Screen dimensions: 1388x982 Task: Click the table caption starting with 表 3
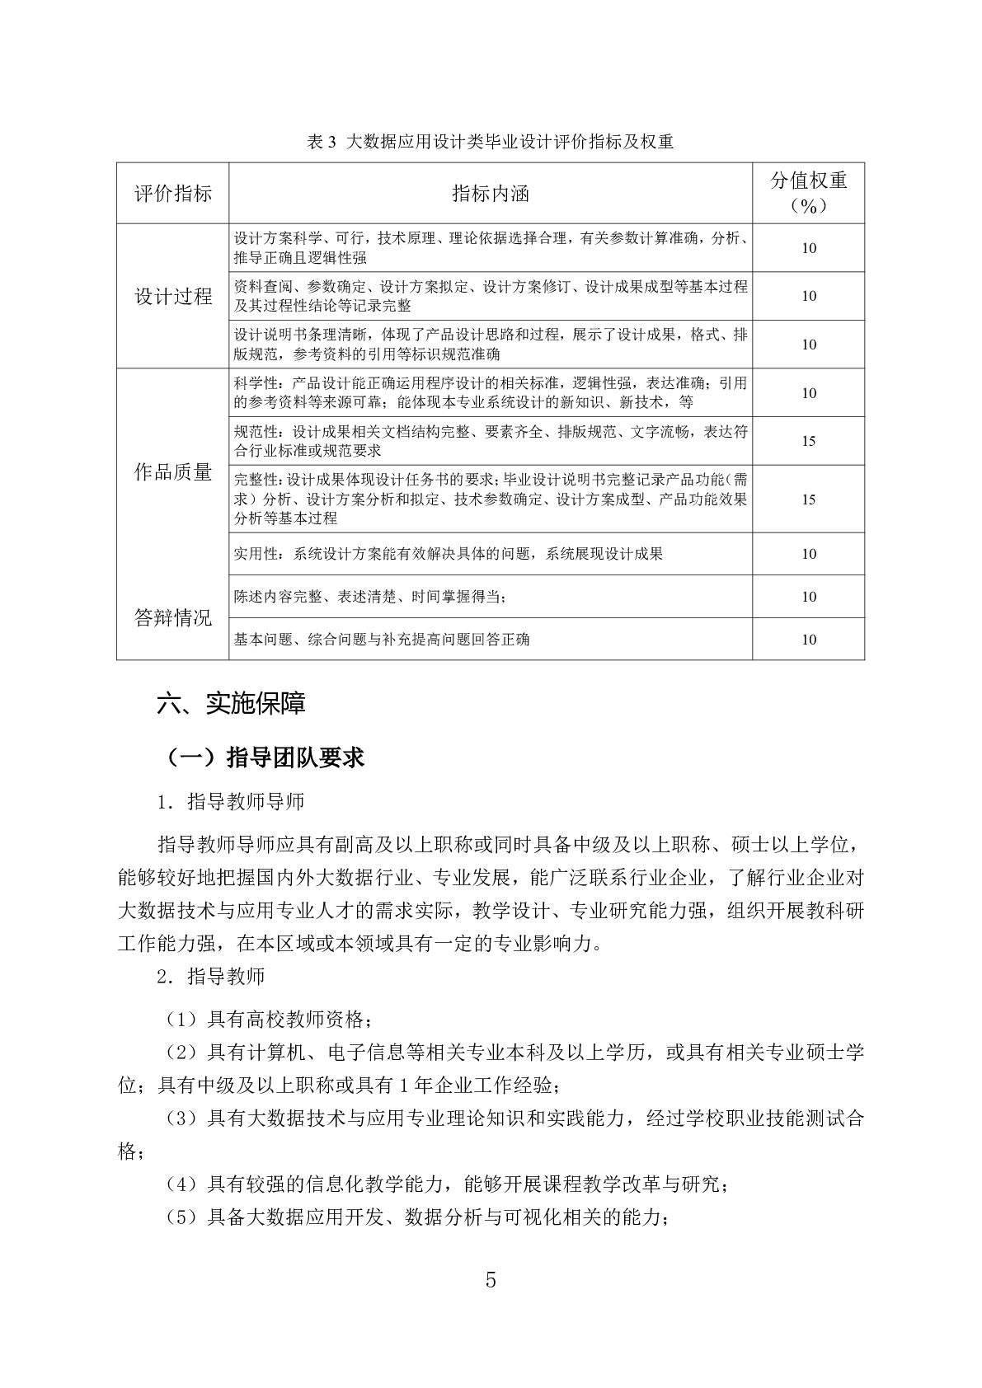[490, 142]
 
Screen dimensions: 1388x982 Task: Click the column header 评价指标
[173, 194]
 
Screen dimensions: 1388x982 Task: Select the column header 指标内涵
[490, 194]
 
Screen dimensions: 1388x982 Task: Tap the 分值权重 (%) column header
[808, 193]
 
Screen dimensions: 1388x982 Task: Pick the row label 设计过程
[173, 297]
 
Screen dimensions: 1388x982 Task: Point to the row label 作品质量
[173, 472]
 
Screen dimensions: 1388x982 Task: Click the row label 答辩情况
[173, 618]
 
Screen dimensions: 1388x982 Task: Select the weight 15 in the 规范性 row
[808, 441]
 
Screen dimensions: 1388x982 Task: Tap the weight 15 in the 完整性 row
[808, 499]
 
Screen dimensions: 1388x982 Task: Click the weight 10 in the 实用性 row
[808, 554]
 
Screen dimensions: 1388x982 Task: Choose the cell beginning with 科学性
[490, 392]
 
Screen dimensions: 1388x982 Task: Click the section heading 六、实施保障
[232, 703]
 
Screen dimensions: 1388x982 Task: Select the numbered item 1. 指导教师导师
[231, 801]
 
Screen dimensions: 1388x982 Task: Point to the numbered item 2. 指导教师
[211, 977]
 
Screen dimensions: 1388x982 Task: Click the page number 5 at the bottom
[491, 1280]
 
